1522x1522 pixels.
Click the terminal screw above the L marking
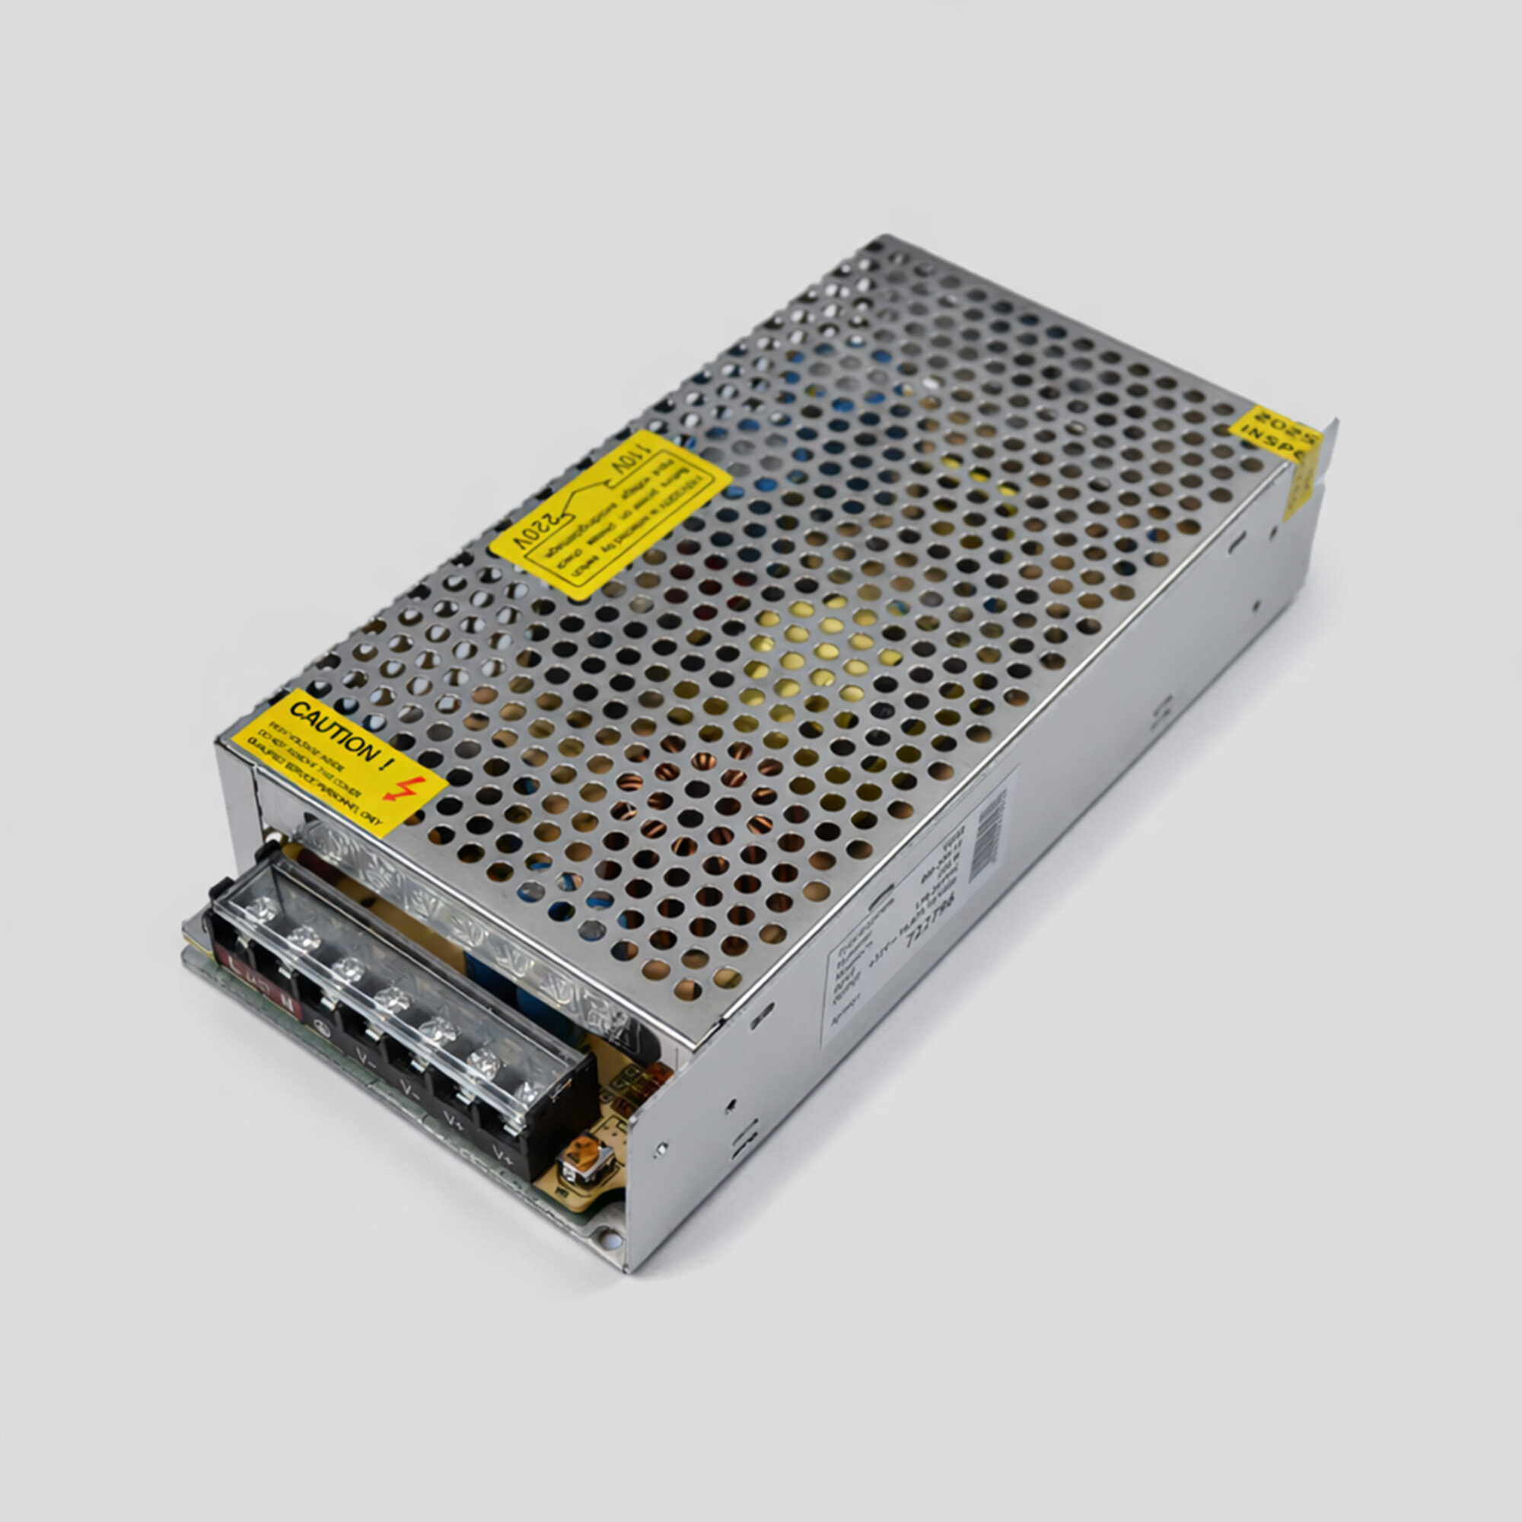(x=263, y=909)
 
